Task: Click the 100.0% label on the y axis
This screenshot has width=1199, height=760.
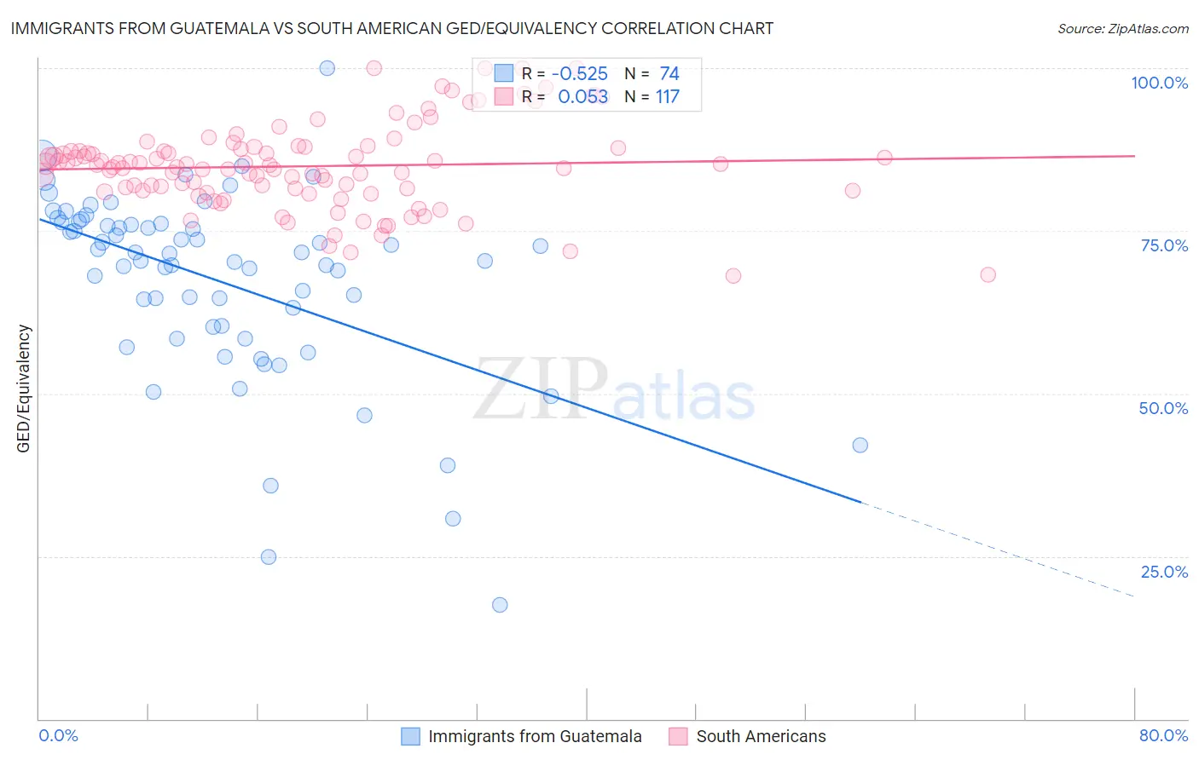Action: pos(1159,83)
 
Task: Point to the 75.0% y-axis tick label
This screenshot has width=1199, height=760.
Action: pos(1164,245)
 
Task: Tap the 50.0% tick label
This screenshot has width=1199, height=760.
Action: pos(1163,408)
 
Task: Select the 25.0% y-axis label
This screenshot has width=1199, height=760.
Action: pos(1164,572)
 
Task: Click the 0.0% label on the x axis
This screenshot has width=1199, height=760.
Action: pos(58,735)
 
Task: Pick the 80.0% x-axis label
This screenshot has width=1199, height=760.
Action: pos(1163,735)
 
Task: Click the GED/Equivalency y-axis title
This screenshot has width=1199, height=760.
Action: pos(24,389)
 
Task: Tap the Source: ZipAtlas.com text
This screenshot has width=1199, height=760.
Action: pos(1122,29)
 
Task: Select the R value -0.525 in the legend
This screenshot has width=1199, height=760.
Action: pos(579,74)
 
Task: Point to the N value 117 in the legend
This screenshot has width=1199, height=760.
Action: pos(667,97)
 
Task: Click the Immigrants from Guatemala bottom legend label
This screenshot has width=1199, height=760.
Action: pos(535,736)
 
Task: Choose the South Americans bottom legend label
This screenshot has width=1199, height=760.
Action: pos(761,736)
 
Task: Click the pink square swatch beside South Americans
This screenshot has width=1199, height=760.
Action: pos(678,736)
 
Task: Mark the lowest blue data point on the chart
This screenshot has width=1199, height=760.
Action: pos(500,605)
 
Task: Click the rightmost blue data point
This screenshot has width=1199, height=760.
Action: pos(860,446)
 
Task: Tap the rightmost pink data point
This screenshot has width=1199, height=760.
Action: pos(988,274)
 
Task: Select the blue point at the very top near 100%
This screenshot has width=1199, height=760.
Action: pos(327,68)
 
